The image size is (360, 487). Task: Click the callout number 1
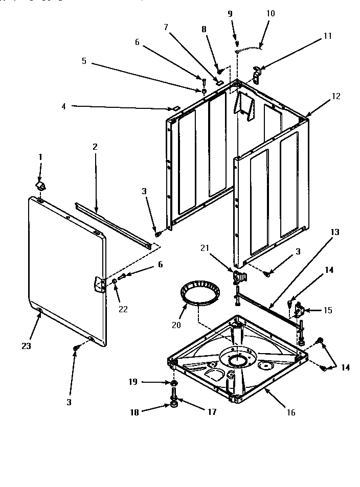point(41,156)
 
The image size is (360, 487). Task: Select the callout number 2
point(95,147)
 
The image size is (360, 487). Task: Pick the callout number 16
point(291,412)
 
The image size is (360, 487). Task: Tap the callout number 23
point(26,346)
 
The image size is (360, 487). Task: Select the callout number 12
point(335,96)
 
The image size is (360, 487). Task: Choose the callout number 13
point(335,232)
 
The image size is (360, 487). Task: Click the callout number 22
point(123,309)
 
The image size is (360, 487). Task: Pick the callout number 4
point(63,106)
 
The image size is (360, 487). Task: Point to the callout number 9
point(230,14)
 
